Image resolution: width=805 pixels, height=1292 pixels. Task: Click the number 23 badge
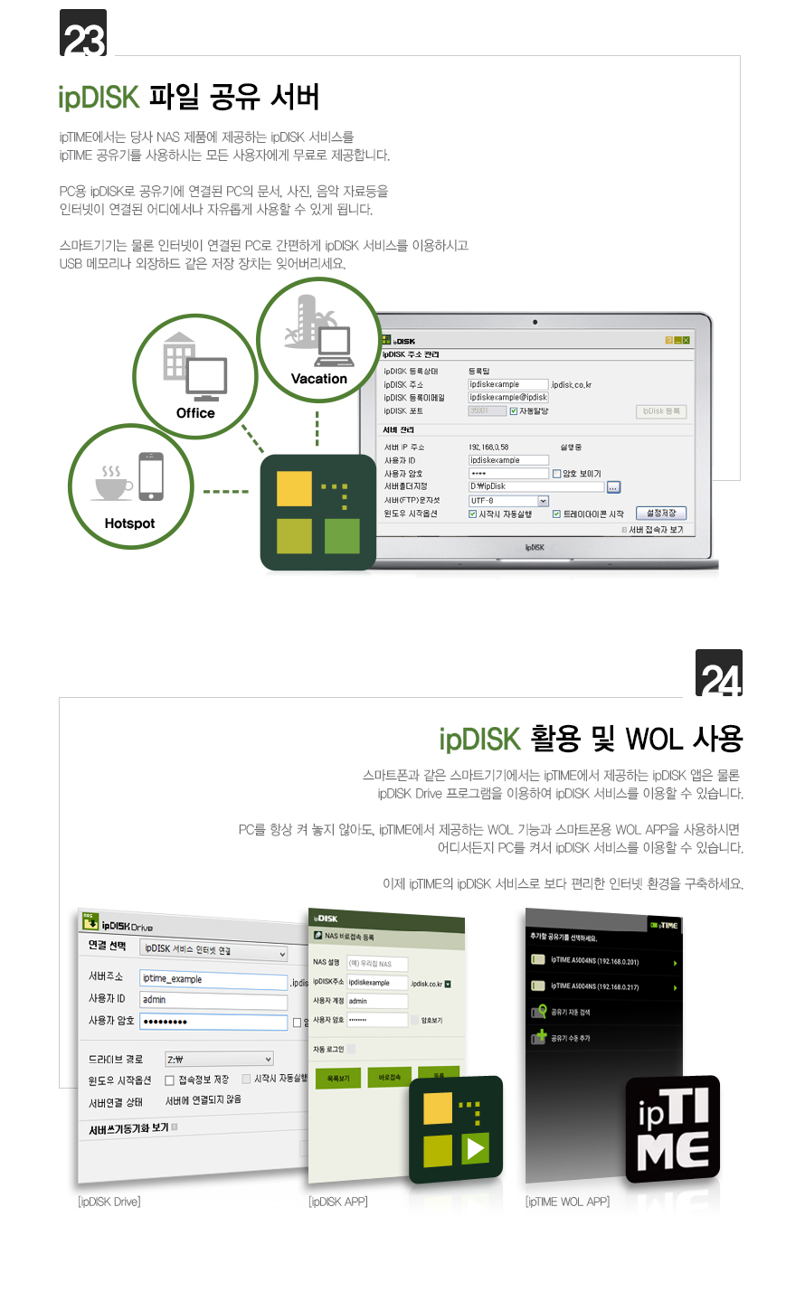click(83, 33)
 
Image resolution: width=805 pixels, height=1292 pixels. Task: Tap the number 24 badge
click(719, 674)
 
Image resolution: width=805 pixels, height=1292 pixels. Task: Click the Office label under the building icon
click(195, 413)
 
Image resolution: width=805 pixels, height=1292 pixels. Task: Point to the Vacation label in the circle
click(318, 379)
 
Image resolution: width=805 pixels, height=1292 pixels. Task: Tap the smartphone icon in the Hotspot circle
click(151, 476)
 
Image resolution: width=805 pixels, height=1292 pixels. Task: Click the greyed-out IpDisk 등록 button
click(662, 411)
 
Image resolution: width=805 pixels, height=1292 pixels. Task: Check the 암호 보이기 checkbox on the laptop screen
click(557, 474)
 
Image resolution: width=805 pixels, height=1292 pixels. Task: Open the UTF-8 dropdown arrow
click(544, 501)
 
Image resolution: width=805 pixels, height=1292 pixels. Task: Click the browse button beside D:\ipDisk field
click(613, 487)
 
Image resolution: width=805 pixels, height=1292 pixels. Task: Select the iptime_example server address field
click(213, 979)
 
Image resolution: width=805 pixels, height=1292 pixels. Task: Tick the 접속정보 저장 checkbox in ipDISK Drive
click(169, 1080)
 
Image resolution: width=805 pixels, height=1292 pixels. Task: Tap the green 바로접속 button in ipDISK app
click(390, 1078)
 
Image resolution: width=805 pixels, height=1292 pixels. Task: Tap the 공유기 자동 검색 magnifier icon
click(539, 1012)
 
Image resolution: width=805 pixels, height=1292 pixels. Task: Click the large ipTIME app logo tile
click(672, 1129)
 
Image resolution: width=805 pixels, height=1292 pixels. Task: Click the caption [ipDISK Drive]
click(109, 1202)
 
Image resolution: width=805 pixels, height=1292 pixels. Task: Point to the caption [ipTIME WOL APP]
click(567, 1202)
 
